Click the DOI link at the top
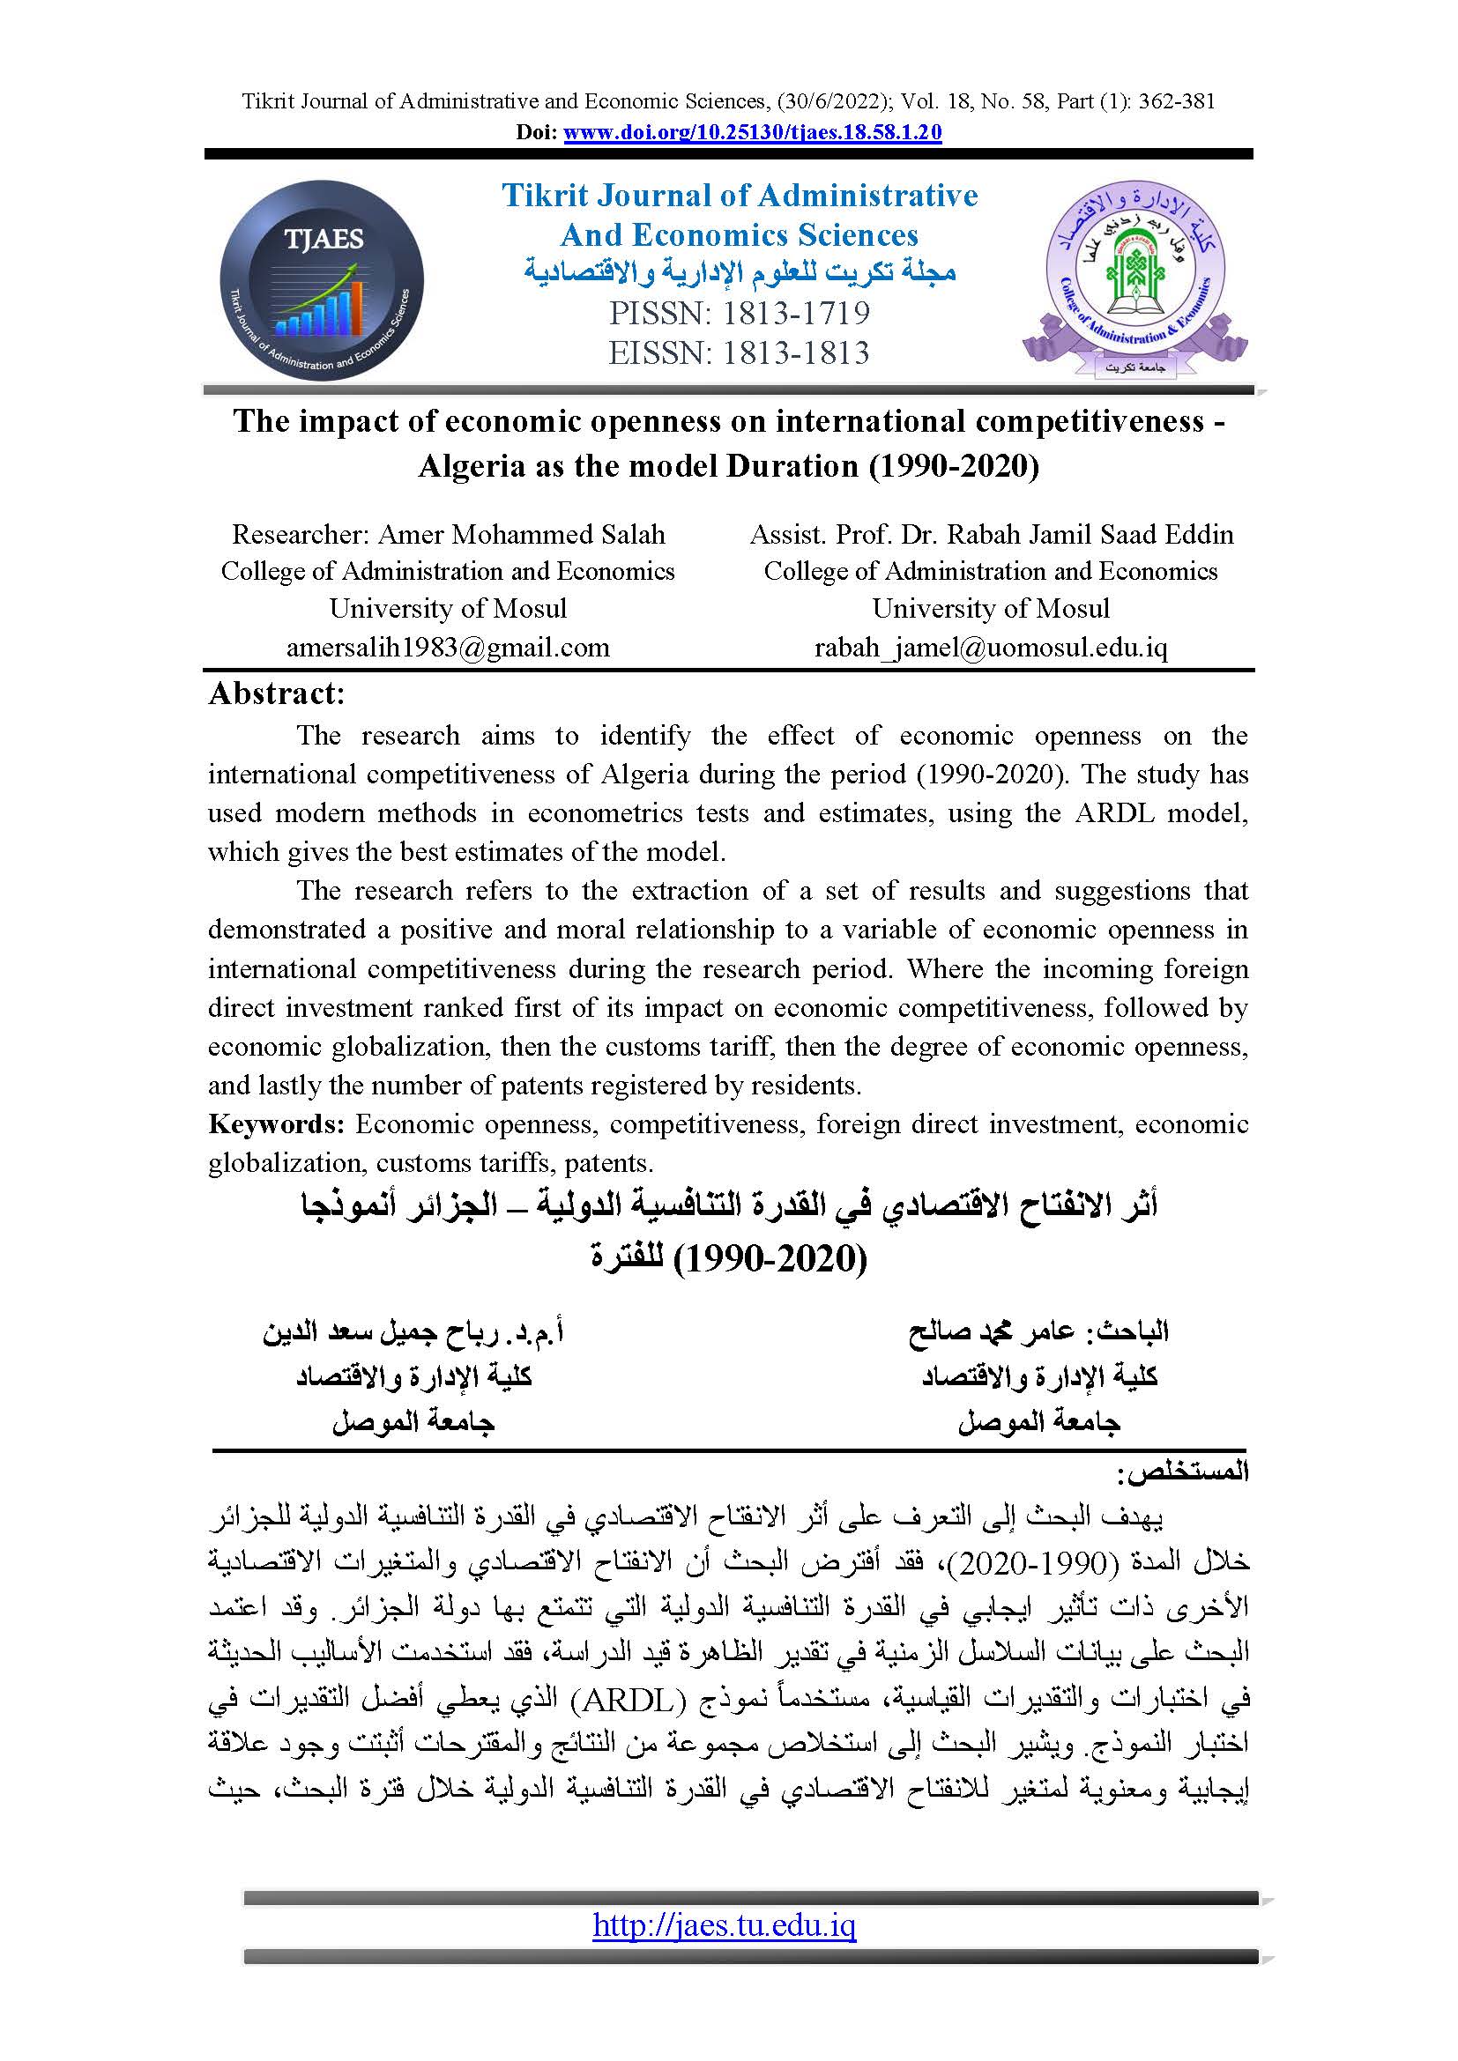pos(752,133)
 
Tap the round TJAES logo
pos(322,280)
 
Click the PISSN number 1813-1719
pos(791,314)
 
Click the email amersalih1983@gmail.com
pos(447,648)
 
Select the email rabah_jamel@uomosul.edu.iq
pos(990,648)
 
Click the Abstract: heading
pos(277,693)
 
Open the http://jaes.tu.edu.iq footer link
pos(725,1925)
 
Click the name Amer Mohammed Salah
pos(522,535)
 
